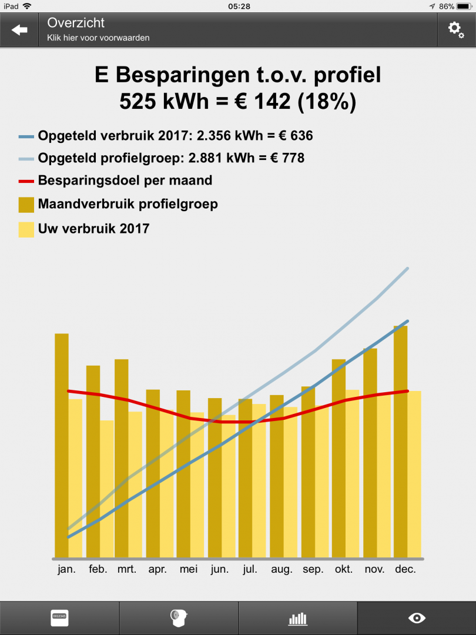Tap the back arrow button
tap(19, 30)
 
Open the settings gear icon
tap(456, 29)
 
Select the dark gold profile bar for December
tap(401, 441)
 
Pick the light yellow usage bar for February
tap(106, 489)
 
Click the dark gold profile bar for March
tap(122, 458)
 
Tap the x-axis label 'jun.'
tap(219, 569)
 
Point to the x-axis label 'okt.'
tap(344, 569)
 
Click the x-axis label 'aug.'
tap(281, 569)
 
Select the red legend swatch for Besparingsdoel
tap(26, 181)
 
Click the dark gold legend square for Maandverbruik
tap(26, 205)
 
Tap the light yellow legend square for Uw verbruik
tap(26, 229)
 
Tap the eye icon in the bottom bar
tap(417, 618)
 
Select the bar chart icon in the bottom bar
tap(297, 619)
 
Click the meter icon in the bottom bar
tap(59, 618)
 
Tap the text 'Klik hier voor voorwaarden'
tap(98, 38)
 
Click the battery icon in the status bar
tap(465, 6)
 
